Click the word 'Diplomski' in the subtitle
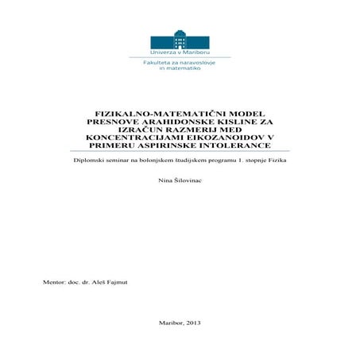point(89,161)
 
